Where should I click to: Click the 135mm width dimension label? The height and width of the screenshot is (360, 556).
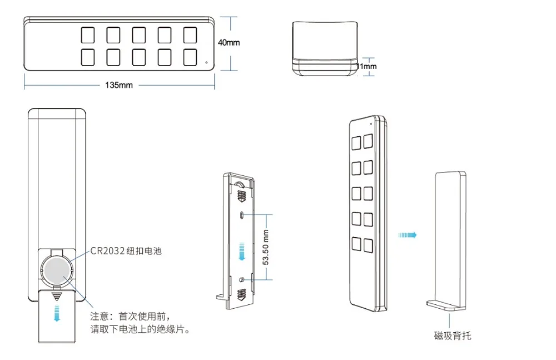119,86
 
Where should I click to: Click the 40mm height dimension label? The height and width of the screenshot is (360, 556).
229,43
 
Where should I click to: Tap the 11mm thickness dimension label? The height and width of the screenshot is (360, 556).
366,67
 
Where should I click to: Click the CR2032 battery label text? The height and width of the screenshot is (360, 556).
126,251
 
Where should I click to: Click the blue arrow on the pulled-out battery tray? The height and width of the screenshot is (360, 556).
56,313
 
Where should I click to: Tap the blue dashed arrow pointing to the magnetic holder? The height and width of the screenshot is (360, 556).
407,235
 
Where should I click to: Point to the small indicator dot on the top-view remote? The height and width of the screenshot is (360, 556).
207,62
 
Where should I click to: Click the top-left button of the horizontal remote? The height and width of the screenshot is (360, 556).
88,35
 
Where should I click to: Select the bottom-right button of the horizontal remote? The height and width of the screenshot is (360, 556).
190,57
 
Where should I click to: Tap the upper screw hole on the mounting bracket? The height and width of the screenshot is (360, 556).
242,215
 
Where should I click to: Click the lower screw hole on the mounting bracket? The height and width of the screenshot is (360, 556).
242,279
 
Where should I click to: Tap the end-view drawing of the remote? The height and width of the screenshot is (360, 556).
324,47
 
